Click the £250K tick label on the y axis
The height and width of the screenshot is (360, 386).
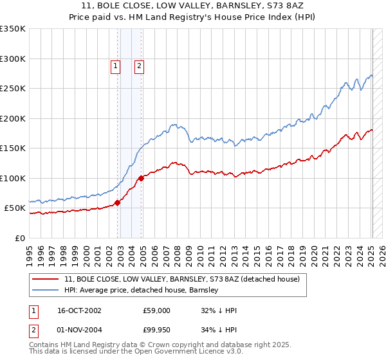pos(13,89)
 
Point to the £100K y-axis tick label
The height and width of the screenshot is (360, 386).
pos(13,179)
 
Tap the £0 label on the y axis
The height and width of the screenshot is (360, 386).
pos(19,239)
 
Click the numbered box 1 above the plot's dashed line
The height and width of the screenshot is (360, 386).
pos(115,65)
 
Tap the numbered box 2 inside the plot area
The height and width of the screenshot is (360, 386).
pos(138,65)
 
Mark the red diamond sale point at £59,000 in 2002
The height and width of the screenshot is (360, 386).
pos(118,203)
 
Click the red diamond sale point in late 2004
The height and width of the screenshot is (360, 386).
pos(142,179)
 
